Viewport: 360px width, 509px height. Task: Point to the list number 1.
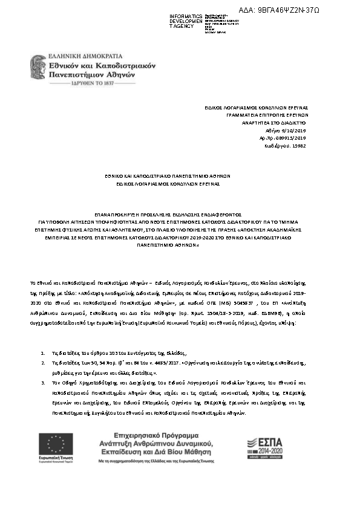tap(42, 352)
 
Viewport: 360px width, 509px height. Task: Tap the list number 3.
tap(42, 383)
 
